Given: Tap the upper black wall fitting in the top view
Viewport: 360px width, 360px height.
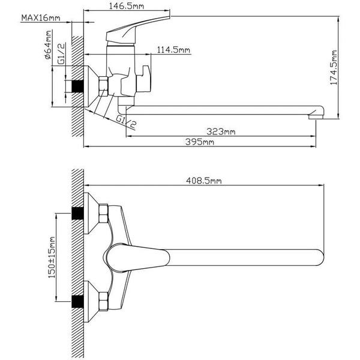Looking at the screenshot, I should click(x=76, y=214).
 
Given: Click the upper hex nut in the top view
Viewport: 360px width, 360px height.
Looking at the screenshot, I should click(x=103, y=214).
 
